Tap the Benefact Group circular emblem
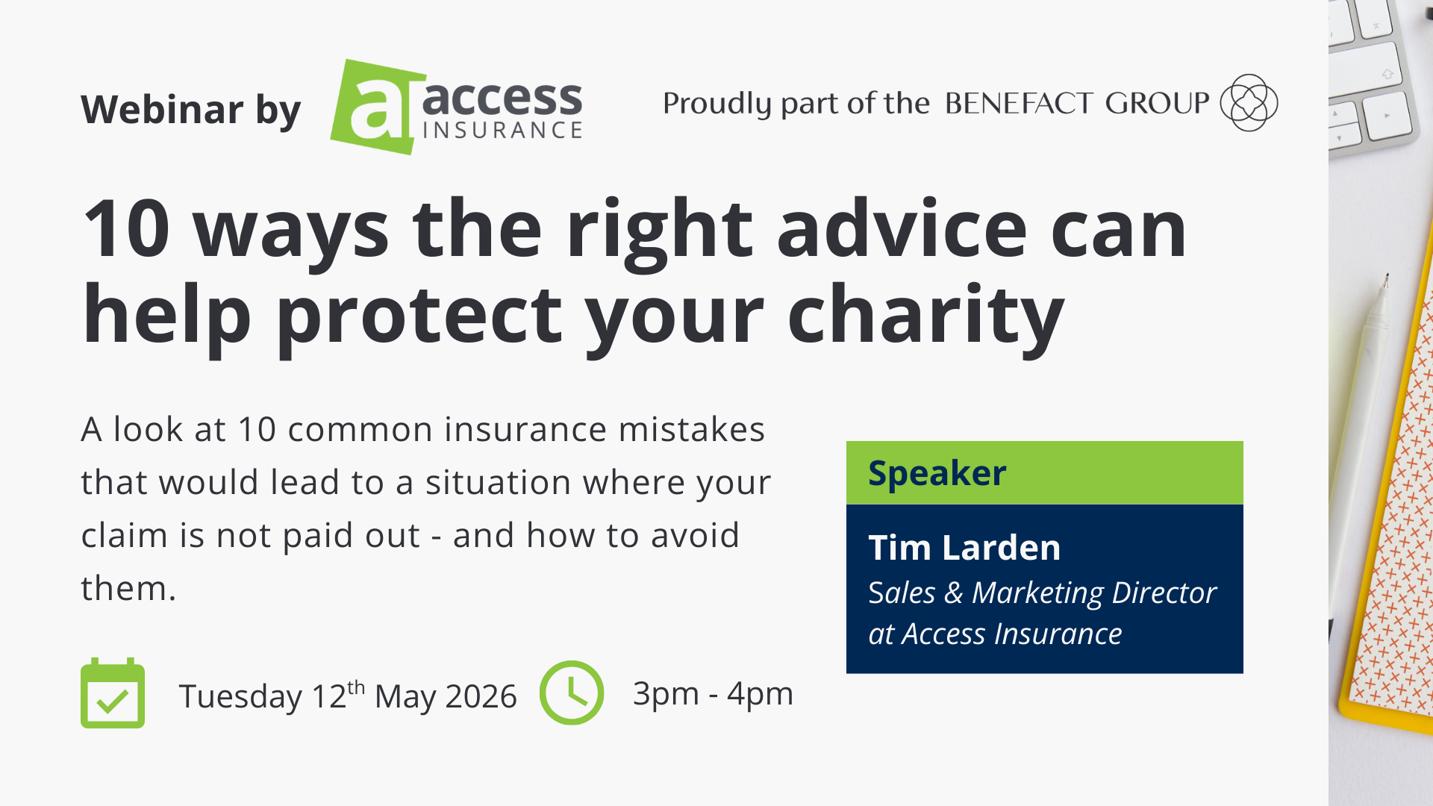tap(1249, 103)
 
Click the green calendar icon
tap(113, 693)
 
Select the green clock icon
tap(572, 693)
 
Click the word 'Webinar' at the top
tap(162, 110)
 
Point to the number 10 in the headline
tap(126, 229)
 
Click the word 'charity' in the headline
tap(925, 315)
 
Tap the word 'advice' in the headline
tap(902, 229)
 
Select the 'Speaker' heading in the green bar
tap(937, 473)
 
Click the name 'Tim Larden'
tap(964, 548)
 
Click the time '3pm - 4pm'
tap(713, 693)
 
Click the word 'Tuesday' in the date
tap(240, 696)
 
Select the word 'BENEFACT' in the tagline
tap(1020, 103)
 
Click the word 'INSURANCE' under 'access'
tap(502, 131)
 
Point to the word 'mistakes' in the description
tap(691, 429)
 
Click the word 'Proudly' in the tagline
tap(716, 104)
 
